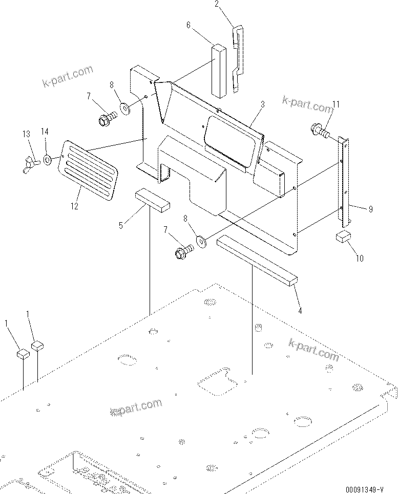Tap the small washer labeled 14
coord(47,160)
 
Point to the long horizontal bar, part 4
coord(257,261)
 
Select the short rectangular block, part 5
coord(152,199)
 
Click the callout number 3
coord(262,104)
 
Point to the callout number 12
coord(75,206)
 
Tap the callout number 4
coord(300,310)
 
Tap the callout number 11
coord(336,104)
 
